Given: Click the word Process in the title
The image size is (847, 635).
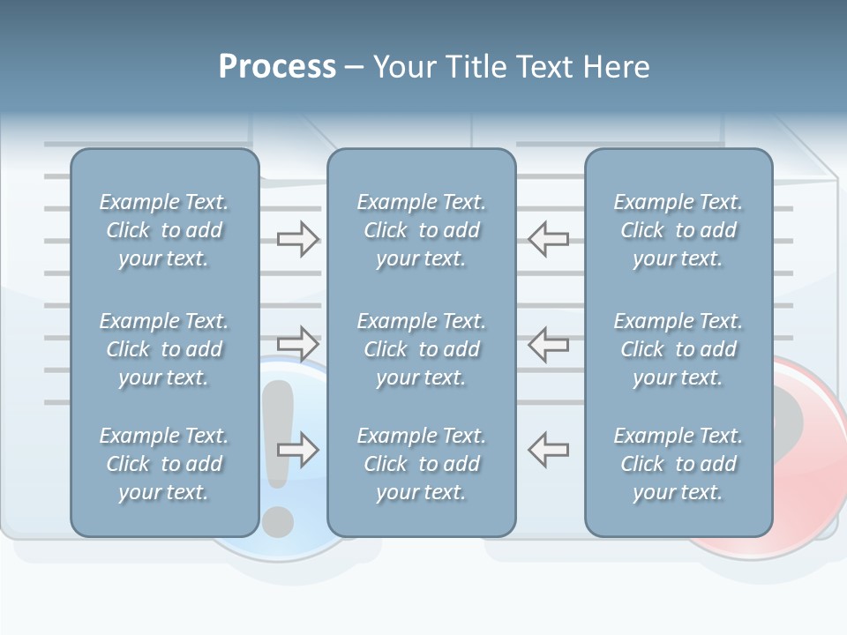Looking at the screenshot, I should point(277,67).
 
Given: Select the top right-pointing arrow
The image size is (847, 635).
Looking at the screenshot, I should point(298,239).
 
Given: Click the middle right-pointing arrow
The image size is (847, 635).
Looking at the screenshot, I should point(298,343).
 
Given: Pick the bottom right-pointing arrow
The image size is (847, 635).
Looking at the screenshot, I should point(298,450).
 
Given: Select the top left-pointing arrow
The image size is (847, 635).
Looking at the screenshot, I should point(548,239).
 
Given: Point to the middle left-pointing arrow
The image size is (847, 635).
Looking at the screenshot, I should point(548,343).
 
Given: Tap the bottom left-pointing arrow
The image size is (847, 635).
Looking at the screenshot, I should point(548,450).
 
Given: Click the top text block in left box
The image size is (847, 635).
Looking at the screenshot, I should point(164,230).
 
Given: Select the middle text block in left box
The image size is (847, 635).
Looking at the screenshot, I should point(164,349).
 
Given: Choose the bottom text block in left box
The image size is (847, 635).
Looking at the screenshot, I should point(164,464).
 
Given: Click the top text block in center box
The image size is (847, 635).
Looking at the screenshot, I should point(421,230).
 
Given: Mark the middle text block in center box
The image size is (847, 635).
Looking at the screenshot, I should point(421,349).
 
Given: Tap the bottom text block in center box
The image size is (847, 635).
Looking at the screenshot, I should point(421,464).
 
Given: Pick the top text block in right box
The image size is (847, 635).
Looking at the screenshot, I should point(678,230).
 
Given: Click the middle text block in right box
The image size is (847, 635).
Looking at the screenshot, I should point(678,349).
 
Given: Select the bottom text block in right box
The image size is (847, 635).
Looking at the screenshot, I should point(678,464).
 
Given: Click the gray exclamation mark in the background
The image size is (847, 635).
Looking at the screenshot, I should point(278,459).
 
